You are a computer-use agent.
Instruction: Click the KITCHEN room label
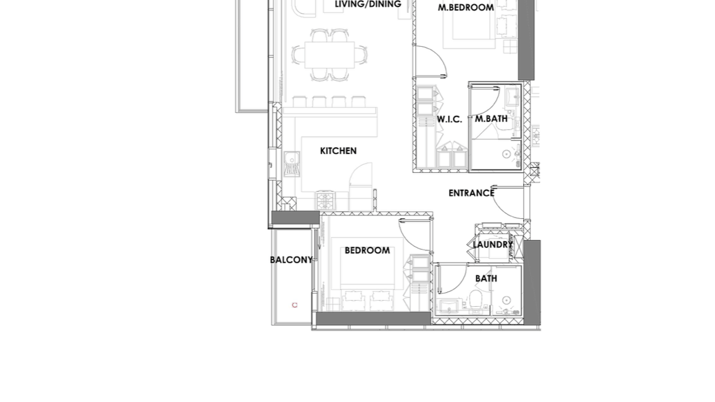[338, 151]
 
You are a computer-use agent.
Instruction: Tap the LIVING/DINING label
[368, 4]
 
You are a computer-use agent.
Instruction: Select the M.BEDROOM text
[466, 7]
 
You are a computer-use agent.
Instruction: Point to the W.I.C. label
[449, 119]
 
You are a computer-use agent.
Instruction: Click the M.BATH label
[491, 119]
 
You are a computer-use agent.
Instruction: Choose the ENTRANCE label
[471, 193]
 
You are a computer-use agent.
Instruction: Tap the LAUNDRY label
[493, 245]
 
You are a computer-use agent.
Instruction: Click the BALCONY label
[291, 260]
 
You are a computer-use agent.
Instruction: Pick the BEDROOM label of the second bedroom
[367, 251]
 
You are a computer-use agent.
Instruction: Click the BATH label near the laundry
[486, 278]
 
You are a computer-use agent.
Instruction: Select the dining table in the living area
[330, 55]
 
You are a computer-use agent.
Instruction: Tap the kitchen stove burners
[325, 200]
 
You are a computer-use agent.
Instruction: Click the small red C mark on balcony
[295, 305]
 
